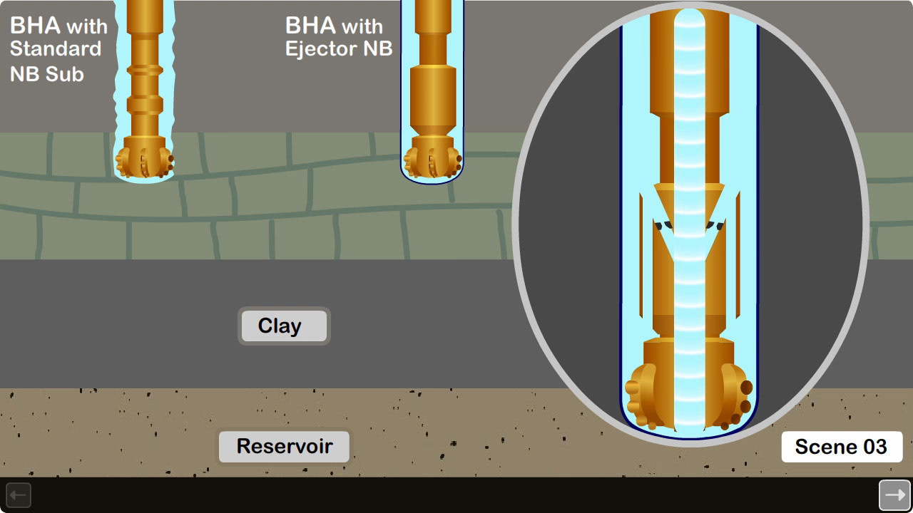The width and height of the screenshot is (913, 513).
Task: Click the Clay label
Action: [x=283, y=326]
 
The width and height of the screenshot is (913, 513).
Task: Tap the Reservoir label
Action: [x=284, y=446]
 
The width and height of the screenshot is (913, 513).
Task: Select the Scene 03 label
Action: [x=841, y=447]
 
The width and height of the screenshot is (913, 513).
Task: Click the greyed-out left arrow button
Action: [x=19, y=495]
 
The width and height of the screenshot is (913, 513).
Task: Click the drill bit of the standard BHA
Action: [x=145, y=162]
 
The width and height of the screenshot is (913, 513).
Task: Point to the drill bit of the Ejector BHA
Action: [x=432, y=162]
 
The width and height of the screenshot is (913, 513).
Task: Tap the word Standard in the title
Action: [x=56, y=49]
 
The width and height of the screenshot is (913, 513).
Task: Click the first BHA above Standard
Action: [x=35, y=26]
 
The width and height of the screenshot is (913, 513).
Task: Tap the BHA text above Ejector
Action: [x=311, y=26]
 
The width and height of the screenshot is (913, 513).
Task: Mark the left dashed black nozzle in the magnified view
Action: [x=664, y=225]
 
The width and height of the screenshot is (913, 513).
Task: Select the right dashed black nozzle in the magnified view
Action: [x=715, y=225]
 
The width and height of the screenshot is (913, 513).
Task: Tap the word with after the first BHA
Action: [x=87, y=28]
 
